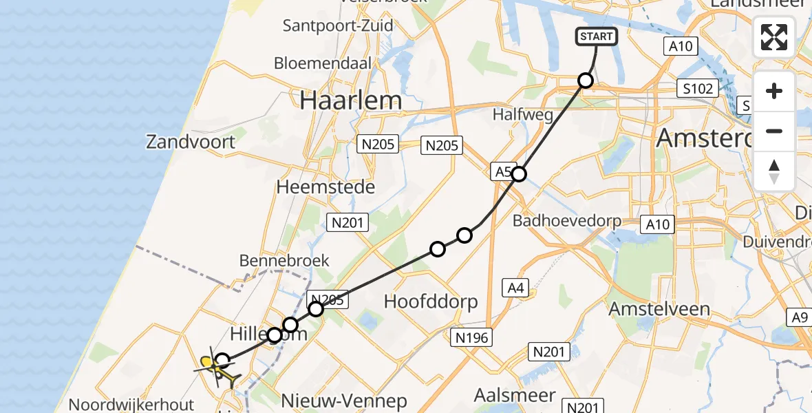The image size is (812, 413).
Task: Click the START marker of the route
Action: (597, 36)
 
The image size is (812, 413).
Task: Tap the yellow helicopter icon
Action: (219, 369)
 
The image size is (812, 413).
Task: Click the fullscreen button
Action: (774, 37)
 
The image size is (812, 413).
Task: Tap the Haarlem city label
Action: (351, 100)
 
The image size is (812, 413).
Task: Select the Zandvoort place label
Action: (191, 142)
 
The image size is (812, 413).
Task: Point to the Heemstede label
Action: (325, 187)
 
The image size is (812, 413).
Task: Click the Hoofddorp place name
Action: (431, 301)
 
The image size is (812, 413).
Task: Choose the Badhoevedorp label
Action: (567, 221)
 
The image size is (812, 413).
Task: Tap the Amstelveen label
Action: (659, 309)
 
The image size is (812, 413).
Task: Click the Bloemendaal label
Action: (323, 63)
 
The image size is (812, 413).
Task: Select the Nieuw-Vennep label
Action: (345, 401)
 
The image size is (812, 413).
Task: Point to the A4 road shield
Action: (515, 288)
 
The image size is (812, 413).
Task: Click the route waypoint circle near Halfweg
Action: (585, 81)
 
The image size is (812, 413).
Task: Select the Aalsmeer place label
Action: (515, 395)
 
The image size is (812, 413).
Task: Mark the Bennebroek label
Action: (284, 261)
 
